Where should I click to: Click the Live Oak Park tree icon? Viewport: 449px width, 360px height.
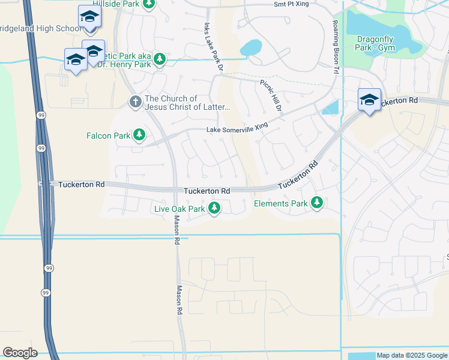click(x=214, y=209)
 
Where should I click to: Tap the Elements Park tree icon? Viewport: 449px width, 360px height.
click(x=317, y=204)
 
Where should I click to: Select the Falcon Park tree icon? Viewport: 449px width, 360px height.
click(x=139, y=136)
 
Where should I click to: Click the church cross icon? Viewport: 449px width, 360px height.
click(x=135, y=103)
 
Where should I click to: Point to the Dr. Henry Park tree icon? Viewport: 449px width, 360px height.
click(x=159, y=59)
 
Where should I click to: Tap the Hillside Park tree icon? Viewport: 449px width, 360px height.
click(x=148, y=4)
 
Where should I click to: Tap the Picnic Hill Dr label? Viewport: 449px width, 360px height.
click(x=271, y=96)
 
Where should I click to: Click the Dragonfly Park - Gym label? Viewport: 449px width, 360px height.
click(x=375, y=43)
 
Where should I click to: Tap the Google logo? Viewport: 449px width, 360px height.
click(x=20, y=353)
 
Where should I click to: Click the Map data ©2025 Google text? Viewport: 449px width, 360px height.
click(x=411, y=355)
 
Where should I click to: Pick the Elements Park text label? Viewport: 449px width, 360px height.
click(x=281, y=204)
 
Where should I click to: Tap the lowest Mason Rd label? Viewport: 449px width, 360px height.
click(x=179, y=300)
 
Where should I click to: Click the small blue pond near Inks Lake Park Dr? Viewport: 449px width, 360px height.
click(x=251, y=47)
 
